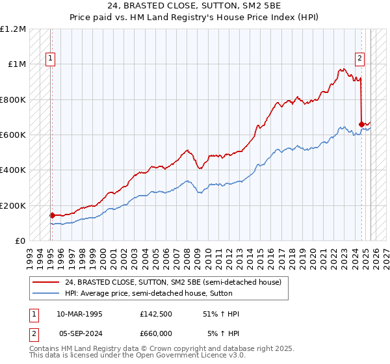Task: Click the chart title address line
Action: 194,6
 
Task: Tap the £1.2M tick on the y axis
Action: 13,29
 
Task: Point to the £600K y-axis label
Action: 13,135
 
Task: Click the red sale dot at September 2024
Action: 361,123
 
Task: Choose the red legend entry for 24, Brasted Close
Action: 172,282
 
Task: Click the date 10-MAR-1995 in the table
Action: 79,314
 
